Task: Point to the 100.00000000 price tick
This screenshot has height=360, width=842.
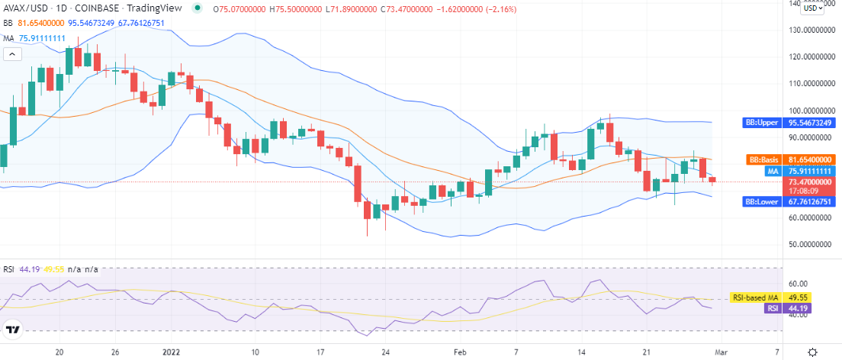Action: click(811, 111)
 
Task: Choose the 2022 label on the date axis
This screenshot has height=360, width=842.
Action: click(171, 352)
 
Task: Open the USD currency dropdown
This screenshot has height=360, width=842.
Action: click(812, 8)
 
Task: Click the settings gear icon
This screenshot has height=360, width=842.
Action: click(813, 352)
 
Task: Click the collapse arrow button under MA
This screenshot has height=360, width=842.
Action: click(12, 54)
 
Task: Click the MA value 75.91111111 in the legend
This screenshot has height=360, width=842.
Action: click(43, 38)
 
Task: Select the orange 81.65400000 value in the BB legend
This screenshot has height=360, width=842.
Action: click(41, 23)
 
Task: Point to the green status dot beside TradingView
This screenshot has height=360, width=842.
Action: click(198, 8)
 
